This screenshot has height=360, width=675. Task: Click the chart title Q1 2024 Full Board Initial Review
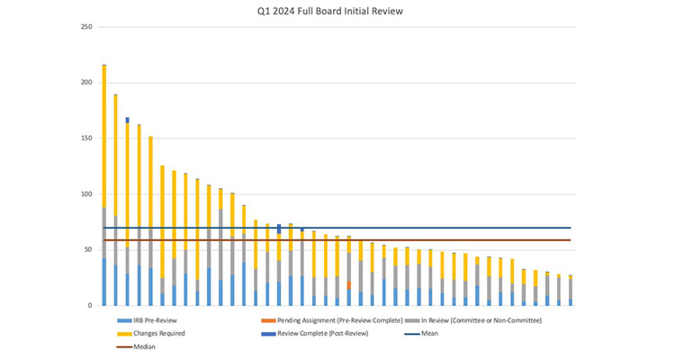coord(337,12)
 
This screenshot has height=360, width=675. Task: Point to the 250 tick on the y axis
coord(86,26)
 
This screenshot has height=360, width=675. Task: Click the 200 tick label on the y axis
coord(86,82)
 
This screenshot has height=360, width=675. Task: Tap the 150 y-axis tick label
coord(86,138)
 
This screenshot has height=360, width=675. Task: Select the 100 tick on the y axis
coord(86,193)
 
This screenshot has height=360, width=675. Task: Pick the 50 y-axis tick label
coord(88,249)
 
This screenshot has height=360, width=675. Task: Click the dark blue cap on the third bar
coord(128,120)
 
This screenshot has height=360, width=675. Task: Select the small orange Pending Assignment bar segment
coord(348,284)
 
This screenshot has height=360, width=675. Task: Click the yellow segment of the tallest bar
coord(104,135)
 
